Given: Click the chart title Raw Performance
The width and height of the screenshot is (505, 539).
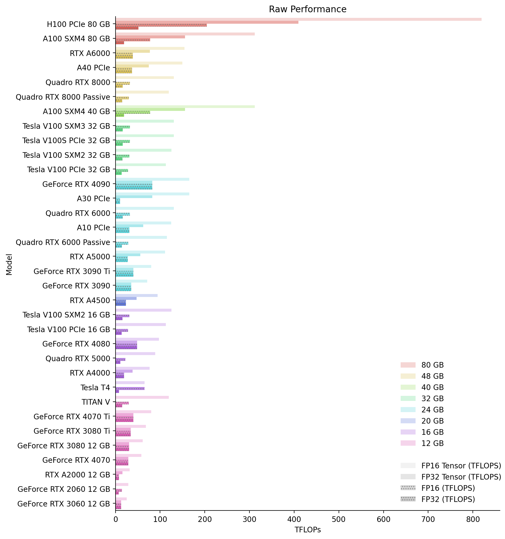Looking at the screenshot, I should coord(307,10).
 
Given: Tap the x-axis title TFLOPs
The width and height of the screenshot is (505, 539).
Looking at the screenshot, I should coord(307,529).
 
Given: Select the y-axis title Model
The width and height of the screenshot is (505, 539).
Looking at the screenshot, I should coord(9,264).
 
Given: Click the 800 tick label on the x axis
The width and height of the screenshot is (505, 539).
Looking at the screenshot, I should coord(473,519).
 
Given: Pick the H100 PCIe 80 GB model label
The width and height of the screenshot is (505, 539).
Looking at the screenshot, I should coord(79,25).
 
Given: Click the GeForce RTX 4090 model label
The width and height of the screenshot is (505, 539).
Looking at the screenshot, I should coord(76,184).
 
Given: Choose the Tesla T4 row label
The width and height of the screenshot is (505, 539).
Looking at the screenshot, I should coord(95,388).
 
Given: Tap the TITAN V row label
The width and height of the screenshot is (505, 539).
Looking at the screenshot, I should coord(96,402).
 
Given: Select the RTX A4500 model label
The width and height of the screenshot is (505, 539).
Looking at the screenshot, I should coord(90,300).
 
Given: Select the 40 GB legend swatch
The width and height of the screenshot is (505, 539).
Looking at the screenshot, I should coord(408,387).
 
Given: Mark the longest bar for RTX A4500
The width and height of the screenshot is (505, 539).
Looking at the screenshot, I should coord(137,296).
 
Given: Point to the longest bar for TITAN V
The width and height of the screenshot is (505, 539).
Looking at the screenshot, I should coord(142,397).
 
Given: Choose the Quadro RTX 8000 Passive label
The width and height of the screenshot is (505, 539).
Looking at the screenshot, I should coord(63,97).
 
